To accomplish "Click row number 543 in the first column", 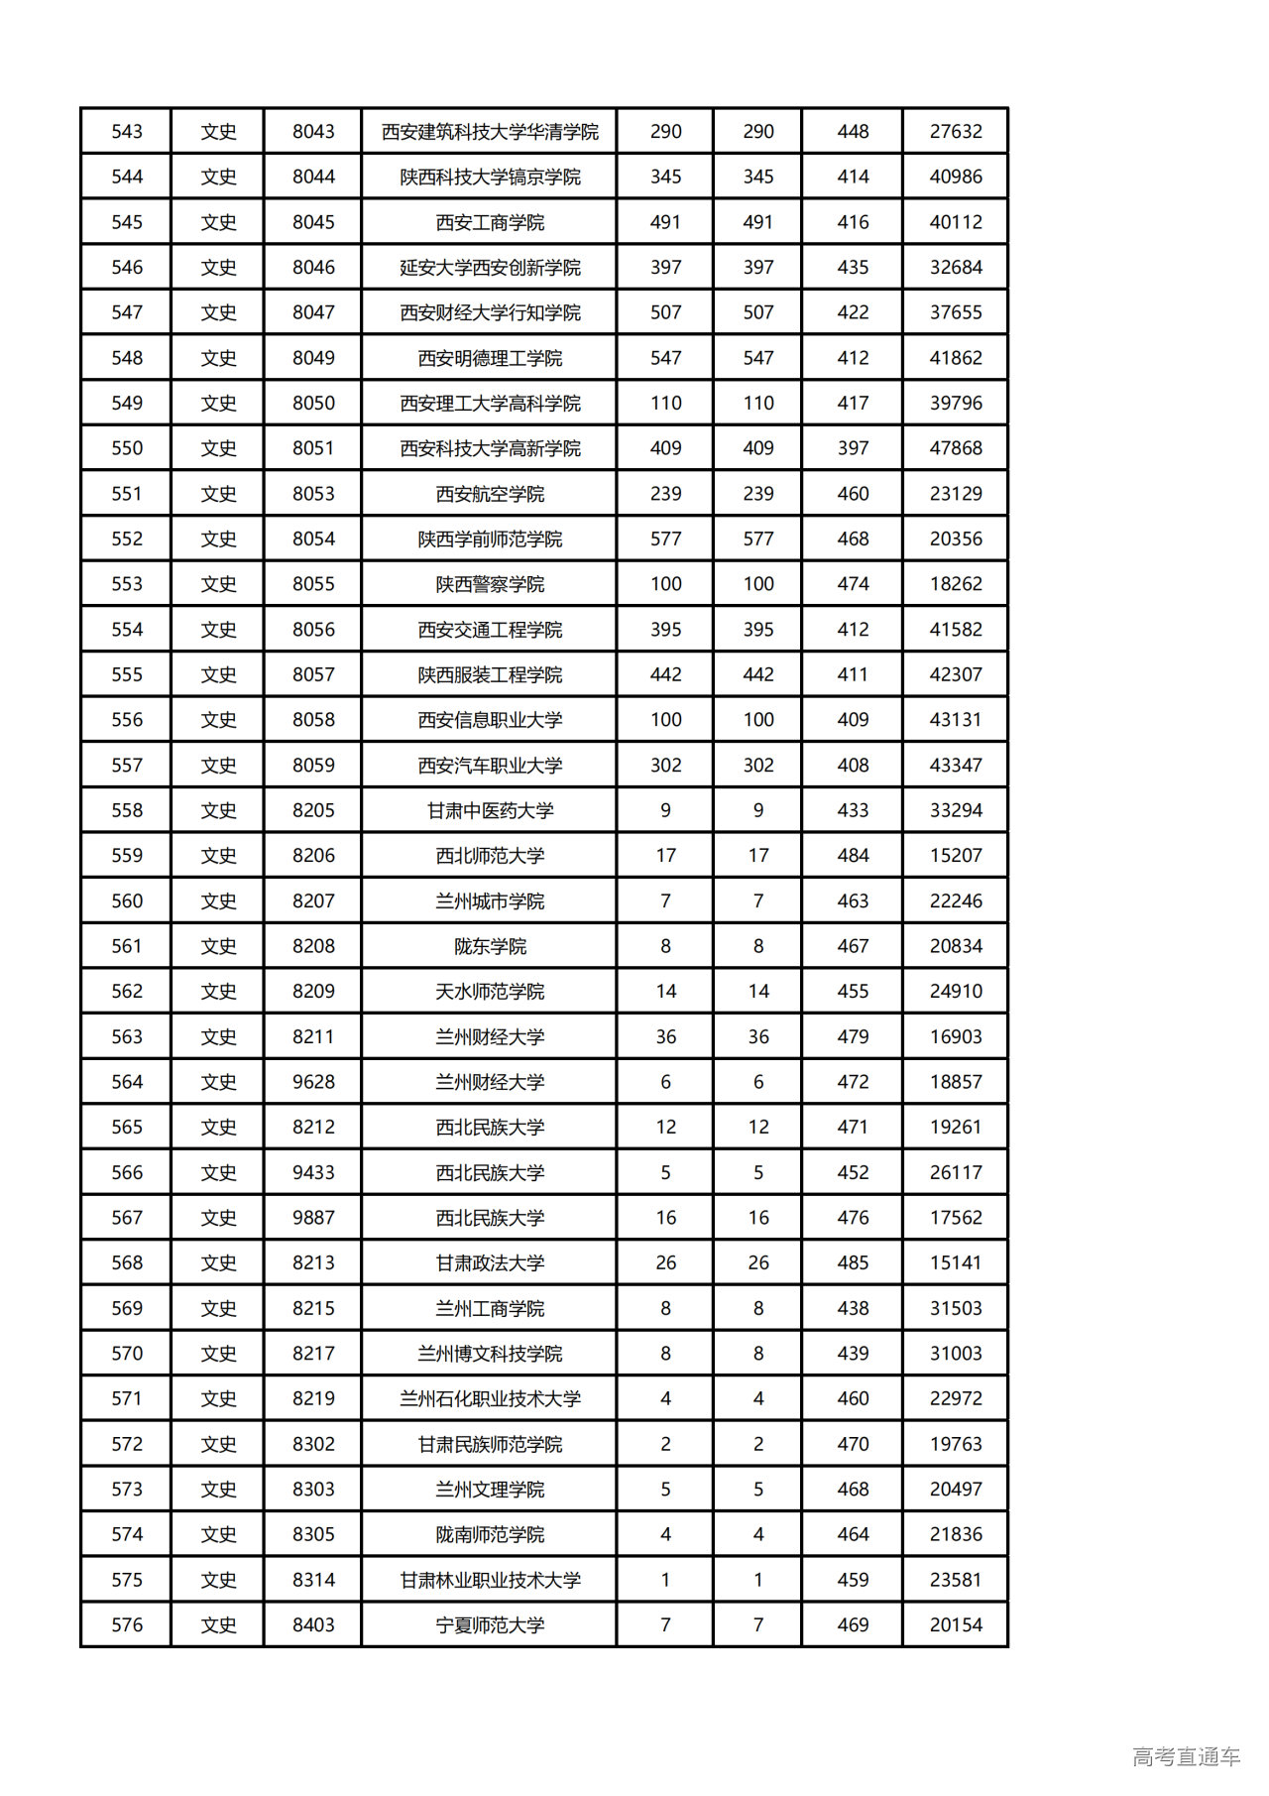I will pos(127,132).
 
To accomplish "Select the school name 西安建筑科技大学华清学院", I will pos(490,132).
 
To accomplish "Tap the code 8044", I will pos(313,178).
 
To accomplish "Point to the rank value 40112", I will pos(956,222).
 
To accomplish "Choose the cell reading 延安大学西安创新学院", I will pos(490,268).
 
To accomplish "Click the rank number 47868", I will pos(956,448).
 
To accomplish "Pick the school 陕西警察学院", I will pos(490,584).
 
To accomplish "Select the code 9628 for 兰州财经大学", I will pos(313,1082).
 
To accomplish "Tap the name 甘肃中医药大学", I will pos(490,810).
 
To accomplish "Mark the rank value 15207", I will pos(956,856).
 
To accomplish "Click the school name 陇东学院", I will pos(490,946).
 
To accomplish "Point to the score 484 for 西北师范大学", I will pos(853,856).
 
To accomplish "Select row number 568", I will pos(127,1262).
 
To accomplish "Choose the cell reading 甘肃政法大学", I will pos(490,1262).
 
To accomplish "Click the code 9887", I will pos(313,1218).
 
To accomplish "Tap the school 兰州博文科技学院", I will pos(490,1354).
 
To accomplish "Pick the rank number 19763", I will pos(956,1444).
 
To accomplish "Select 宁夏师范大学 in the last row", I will pos(490,1625).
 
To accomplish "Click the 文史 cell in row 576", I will pos(218,1625).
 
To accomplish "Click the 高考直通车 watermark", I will pos(1186,1757).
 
